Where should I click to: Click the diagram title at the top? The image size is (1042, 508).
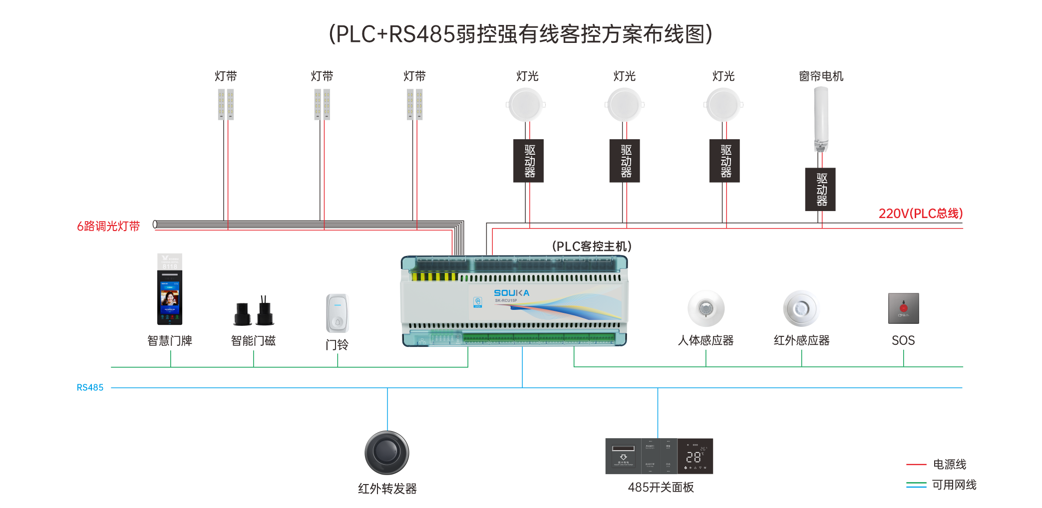click(520, 34)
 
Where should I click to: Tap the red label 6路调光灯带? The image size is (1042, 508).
click(108, 226)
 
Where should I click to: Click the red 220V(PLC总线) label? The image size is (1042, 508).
click(920, 214)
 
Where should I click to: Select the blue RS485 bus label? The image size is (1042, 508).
click(90, 387)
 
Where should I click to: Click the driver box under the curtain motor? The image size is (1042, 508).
click(820, 190)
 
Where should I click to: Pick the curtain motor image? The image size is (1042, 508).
click(821, 119)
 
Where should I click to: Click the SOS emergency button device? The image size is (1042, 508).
click(903, 308)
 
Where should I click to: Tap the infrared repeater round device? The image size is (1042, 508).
click(387, 453)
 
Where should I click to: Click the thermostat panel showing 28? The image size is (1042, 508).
click(695, 456)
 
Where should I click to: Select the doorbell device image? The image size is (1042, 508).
click(337, 313)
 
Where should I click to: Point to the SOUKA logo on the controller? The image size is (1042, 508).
click(511, 293)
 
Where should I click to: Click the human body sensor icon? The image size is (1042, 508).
click(705, 308)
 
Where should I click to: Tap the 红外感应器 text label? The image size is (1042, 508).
click(801, 340)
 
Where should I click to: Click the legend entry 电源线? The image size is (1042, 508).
click(949, 464)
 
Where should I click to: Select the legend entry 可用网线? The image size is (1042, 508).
click(954, 485)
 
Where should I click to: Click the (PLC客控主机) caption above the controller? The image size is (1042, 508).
click(592, 247)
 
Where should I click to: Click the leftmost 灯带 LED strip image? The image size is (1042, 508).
click(226, 104)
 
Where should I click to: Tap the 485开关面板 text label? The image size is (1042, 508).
click(661, 487)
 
